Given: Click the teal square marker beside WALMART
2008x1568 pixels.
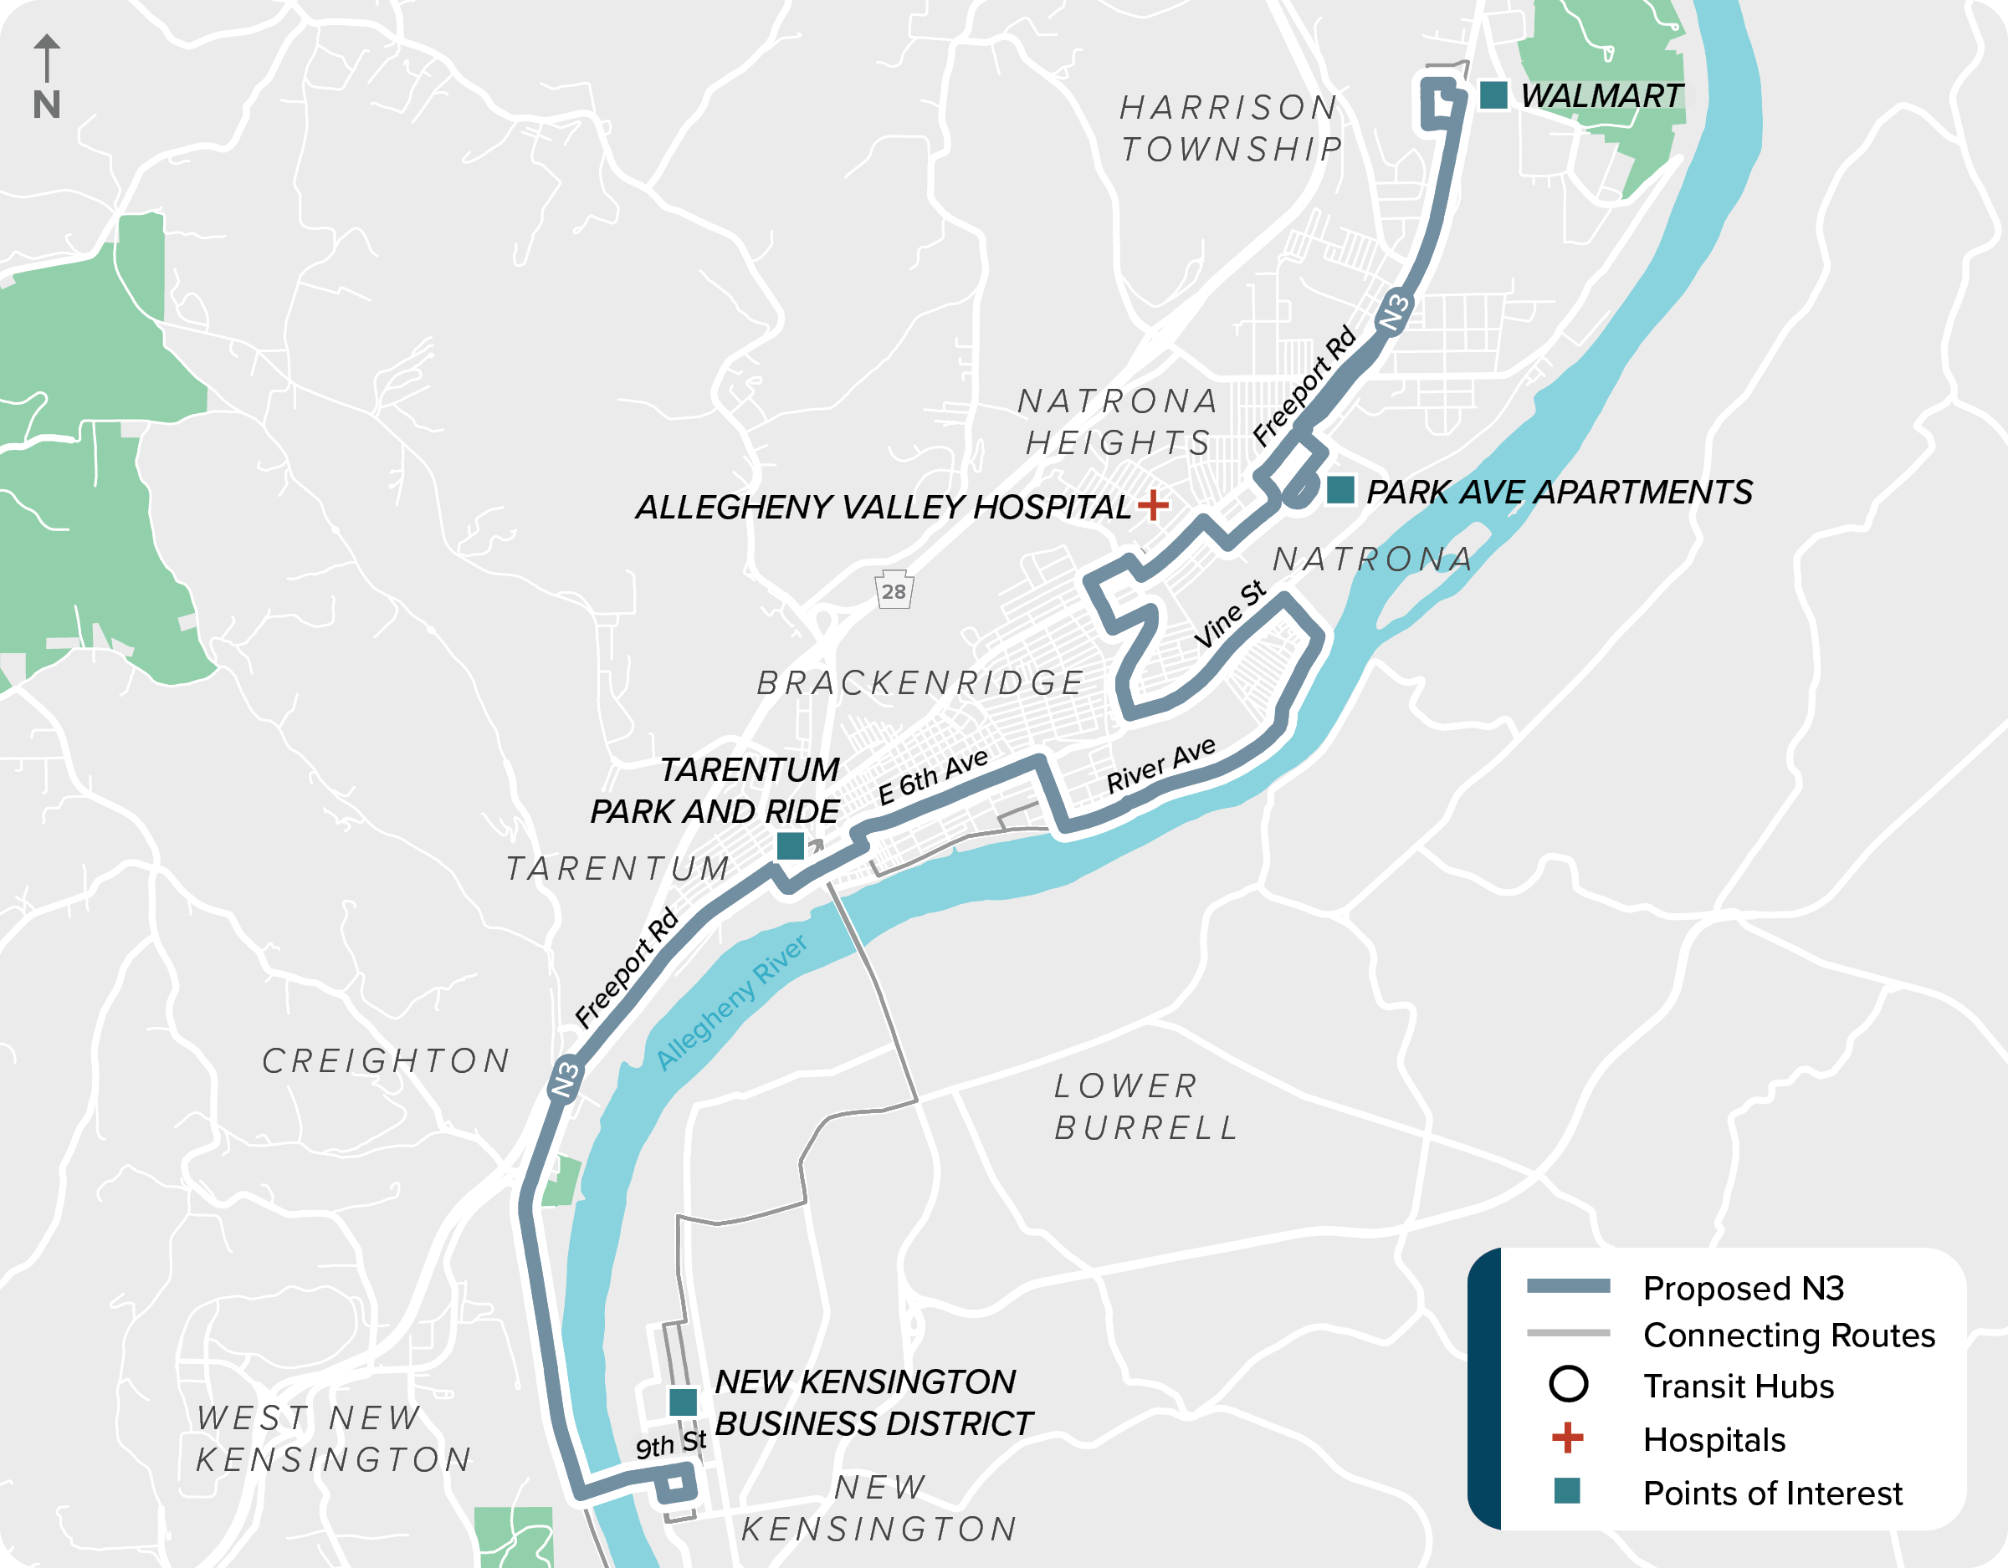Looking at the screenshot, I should click(1493, 94).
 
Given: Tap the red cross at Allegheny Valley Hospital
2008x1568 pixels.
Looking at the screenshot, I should click(1153, 504).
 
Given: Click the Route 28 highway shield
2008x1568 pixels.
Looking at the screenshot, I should click(894, 591).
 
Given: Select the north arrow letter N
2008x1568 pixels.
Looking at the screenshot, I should click(47, 105).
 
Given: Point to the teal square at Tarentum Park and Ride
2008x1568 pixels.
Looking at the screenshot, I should click(791, 845).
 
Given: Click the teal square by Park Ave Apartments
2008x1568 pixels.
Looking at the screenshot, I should click(1340, 490).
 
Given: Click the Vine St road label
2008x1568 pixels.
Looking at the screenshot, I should click(1230, 614).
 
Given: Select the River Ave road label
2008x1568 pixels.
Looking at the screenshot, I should click(1160, 764).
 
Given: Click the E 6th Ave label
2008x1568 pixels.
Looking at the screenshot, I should click(932, 777).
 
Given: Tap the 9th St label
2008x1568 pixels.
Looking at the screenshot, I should click(670, 1444).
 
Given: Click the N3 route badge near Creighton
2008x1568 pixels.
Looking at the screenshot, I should click(565, 1079).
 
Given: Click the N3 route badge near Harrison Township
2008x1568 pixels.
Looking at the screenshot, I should click(1394, 313).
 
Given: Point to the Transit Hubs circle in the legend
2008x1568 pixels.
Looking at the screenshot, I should click(1569, 1383).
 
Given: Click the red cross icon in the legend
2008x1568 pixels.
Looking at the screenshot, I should click(1568, 1438).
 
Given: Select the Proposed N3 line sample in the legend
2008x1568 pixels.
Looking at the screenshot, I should click(1569, 1286).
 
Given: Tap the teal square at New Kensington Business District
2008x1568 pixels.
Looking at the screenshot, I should click(682, 1402).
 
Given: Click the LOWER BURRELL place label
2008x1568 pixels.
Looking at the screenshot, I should click(1145, 1106).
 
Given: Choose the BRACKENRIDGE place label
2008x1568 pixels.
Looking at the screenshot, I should click(920, 683).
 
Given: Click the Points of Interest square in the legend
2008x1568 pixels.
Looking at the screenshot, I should click(1568, 1491).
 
